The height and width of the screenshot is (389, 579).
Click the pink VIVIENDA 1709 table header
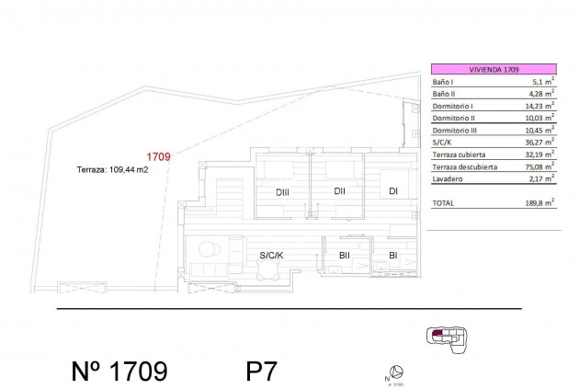click(x=493, y=70)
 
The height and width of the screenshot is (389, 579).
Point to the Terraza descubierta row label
click(x=465, y=166)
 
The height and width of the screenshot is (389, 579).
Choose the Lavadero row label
click(x=448, y=178)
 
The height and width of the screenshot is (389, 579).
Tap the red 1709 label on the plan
click(x=160, y=157)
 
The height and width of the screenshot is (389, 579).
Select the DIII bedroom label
click(x=283, y=191)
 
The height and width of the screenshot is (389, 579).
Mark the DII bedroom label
click(x=339, y=191)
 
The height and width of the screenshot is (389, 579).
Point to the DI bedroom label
click(x=393, y=191)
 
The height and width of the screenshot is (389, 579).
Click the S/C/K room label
click(x=271, y=255)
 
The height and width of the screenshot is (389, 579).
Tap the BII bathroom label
click(x=346, y=255)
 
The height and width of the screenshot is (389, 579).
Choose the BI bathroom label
click(x=392, y=255)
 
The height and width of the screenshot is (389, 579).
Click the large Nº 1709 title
click(x=119, y=372)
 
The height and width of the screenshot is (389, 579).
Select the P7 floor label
click(x=261, y=372)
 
